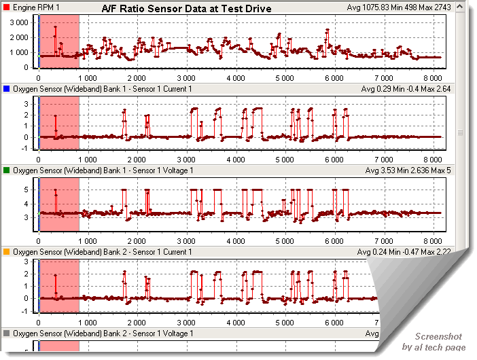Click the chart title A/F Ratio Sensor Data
[186, 9]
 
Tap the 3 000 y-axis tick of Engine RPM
[17, 22]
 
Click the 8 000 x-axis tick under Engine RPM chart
[432, 79]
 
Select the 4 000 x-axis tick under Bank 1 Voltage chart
[235, 242]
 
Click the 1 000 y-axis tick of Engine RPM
[17, 52]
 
